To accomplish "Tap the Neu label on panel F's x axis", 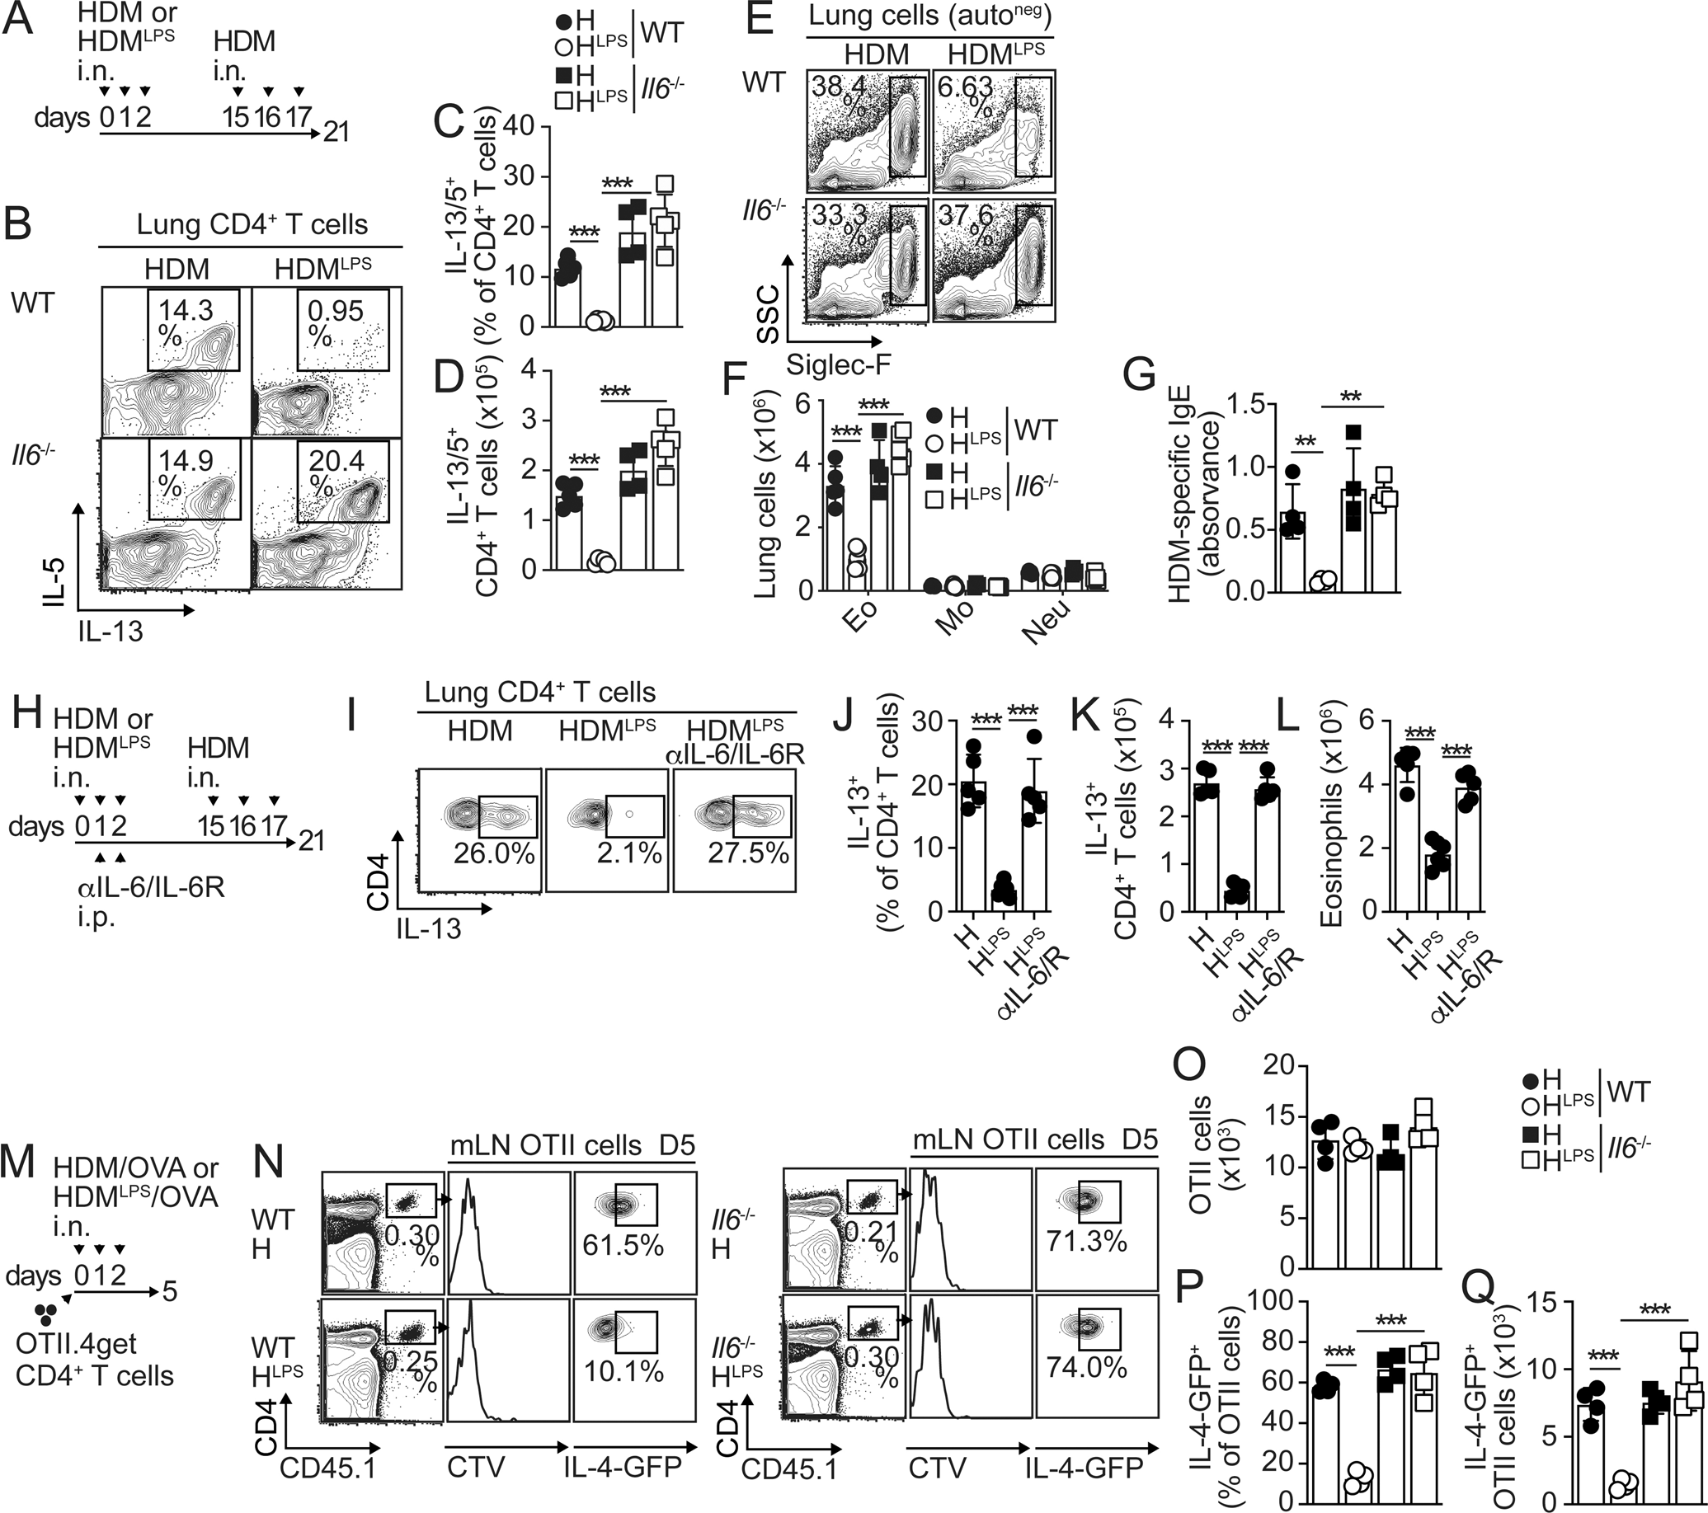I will click(1047, 628).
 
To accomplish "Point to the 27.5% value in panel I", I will click(748, 853).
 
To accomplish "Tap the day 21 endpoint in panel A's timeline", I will click(335, 131).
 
